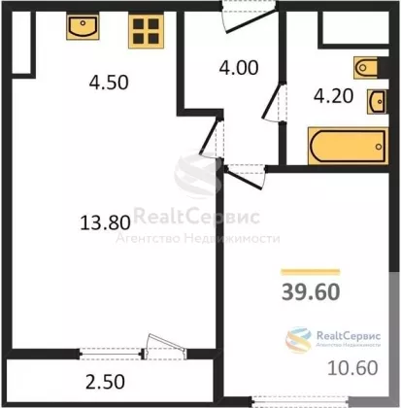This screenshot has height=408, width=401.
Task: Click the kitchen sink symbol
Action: [x=83, y=26]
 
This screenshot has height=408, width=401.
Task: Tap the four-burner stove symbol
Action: [x=146, y=30]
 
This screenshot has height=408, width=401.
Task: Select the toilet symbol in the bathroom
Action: [x=366, y=68]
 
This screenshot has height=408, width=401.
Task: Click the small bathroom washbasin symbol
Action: [x=377, y=102]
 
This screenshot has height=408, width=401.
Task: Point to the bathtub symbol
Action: [x=348, y=146]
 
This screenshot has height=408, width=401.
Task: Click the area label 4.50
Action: [x=109, y=83]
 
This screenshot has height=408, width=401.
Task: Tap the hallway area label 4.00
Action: [x=239, y=68]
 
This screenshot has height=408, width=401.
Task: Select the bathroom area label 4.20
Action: [x=333, y=96]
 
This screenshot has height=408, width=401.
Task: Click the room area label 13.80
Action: [x=105, y=222]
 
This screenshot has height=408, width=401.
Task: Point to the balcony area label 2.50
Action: [x=105, y=382]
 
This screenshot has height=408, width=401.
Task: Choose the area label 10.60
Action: [x=352, y=368]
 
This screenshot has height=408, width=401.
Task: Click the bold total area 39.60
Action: [x=311, y=291]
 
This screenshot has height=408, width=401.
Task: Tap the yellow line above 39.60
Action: [x=311, y=272]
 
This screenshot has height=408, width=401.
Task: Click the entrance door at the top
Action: [x=250, y=17]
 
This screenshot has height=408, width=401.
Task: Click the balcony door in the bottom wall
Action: [x=165, y=348]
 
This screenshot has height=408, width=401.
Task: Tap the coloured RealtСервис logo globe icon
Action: [x=298, y=340]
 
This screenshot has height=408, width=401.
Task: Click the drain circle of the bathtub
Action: [x=379, y=147]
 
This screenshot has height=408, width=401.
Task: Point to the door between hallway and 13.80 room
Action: [x=211, y=137]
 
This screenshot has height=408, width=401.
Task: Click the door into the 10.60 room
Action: [x=246, y=177]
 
